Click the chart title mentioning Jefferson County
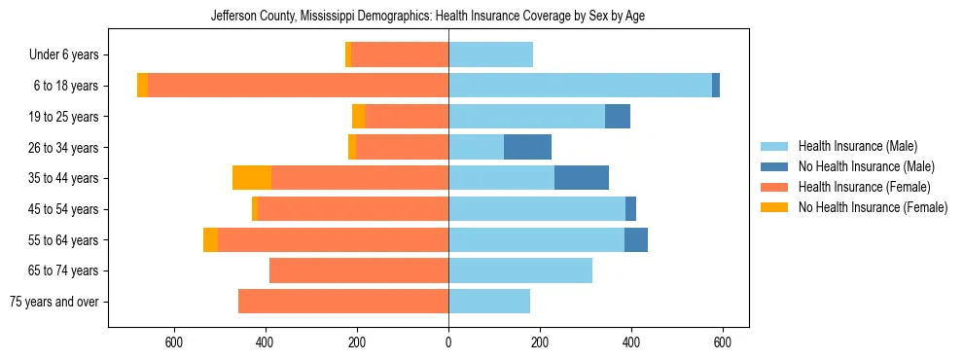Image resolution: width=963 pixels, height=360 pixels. click(x=428, y=17)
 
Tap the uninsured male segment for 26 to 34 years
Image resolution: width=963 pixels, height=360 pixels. click(x=527, y=147)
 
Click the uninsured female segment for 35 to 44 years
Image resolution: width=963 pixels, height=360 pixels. click(x=252, y=178)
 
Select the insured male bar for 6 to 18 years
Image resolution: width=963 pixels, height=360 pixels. click(x=580, y=86)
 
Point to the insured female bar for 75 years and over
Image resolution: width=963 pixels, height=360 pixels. click(x=343, y=302)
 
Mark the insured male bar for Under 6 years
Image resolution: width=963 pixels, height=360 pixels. click(x=490, y=55)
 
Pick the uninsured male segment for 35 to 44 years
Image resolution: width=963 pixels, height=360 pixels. click(x=582, y=178)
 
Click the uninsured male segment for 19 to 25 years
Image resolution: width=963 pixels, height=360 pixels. click(x=618, y=117)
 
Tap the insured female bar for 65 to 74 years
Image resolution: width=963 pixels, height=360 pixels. click(x=359, y=270)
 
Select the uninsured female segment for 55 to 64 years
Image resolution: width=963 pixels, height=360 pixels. click(x=210, y=239)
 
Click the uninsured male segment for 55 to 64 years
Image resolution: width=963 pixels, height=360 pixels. click(x=636, y=239)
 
